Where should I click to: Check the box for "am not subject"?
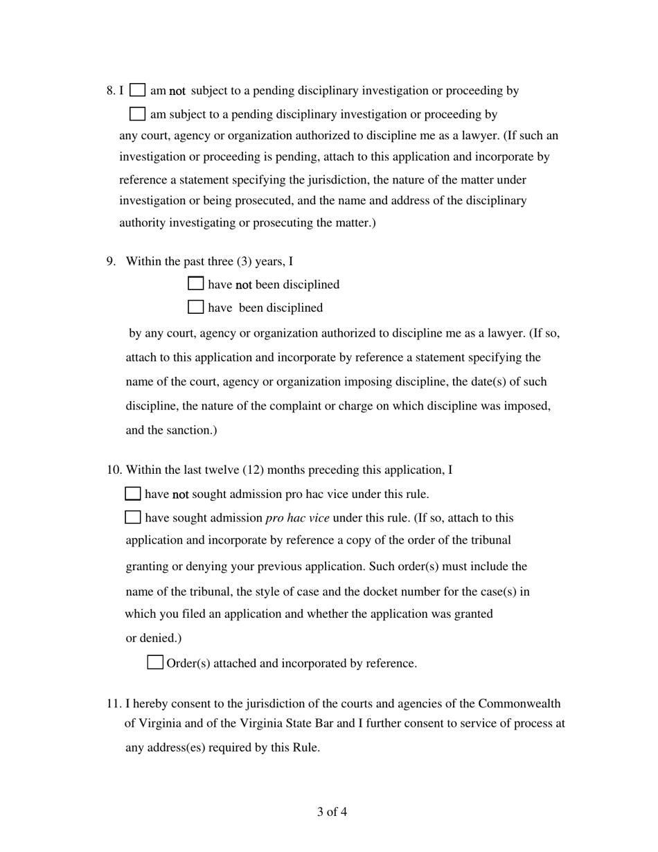coord(138,90)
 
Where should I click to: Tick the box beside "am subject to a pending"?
coord(138,114)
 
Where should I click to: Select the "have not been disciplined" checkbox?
coord(196,283)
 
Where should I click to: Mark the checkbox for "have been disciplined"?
coord(196,307)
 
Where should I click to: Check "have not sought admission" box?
coord(132,494)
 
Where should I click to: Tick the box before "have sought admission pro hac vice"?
coord(132,517)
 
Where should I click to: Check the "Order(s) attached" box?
coord(155,663)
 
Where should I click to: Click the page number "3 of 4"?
coord(332,812)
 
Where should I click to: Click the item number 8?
coord(111,91)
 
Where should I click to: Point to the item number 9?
coord(111,261)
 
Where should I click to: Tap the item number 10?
coord(114,470)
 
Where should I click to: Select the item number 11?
coord(114,704)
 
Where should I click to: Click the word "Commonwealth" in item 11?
coord(521,704)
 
